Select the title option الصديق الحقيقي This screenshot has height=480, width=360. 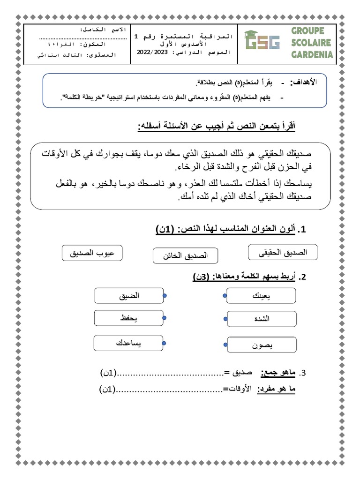283,253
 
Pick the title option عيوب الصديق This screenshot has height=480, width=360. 92,253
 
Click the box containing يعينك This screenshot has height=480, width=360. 262,296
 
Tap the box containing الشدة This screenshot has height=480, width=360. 262,319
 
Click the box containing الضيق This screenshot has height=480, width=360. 128,296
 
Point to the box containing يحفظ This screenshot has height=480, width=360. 128,318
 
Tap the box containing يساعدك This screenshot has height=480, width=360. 128,344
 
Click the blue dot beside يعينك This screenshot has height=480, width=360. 225,296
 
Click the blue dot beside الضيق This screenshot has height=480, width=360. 165,296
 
